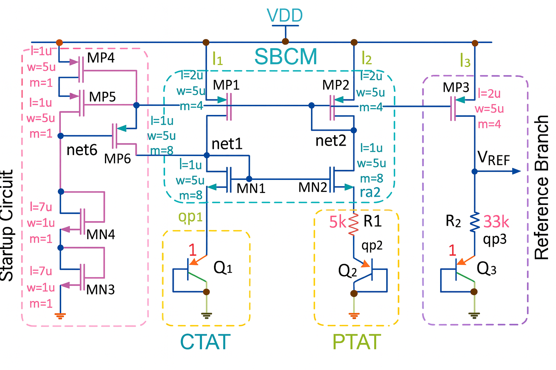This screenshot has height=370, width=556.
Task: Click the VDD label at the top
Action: pyautogui.click(x=285, y=16)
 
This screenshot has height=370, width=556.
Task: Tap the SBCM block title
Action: pyautogui.click(x=286, y=57)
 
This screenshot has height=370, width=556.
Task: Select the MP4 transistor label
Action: pyautogui.click(x=101, y=58)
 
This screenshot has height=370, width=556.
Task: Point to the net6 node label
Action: pyautogui.click(x=82, y=150)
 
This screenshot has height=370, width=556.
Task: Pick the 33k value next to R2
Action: pyautogui.click(x=496, y=222)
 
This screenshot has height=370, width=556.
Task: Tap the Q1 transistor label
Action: pyautogui.click(x=223, y=268)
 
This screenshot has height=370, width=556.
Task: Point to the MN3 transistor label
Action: pyautogui.click(x=100, y=289)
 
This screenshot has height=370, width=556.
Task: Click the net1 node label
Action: pyautogui.click(x=227, y=144)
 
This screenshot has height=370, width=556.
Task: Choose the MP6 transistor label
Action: pyautogui.click(x=117, y=159)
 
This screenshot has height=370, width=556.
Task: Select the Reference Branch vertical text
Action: pyautogui.click(x=542, y=188)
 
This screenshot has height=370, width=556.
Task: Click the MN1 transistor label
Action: pyautogui.click(x=251, y=188)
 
